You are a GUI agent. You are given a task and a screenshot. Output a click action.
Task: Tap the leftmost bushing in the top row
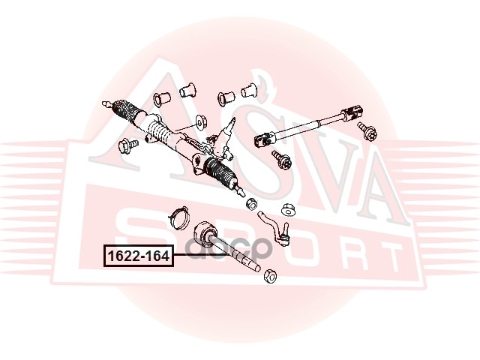tap(160, 97)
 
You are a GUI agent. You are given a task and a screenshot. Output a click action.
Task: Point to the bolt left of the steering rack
tap(125, 145)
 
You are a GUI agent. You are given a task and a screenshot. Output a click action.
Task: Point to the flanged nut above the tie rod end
tap(287, 207)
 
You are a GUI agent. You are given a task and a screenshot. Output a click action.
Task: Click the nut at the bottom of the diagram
tap(271, 275)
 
